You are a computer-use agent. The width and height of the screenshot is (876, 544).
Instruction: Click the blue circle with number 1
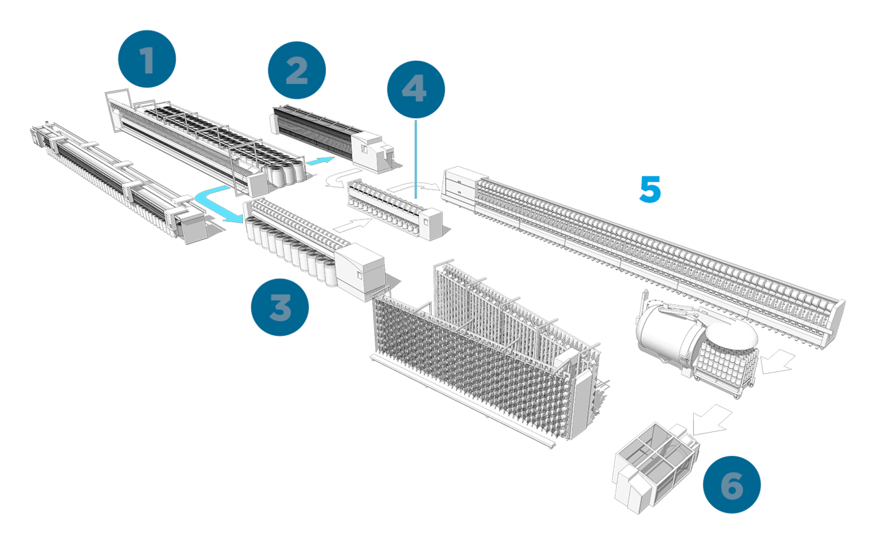point(147,59)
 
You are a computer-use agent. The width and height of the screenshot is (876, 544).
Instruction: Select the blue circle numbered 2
point(297,70)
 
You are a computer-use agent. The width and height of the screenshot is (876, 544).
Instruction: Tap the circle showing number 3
point(280,307)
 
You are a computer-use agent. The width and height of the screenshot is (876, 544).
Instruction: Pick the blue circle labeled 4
point(415,89)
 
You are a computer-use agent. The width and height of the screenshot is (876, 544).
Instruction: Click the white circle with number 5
point(649,188)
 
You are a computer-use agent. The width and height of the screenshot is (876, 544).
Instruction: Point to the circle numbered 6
point(731,485)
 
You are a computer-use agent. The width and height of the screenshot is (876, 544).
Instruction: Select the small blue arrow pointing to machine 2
point(321,161)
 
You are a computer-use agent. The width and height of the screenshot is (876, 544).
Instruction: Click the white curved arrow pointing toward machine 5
point(416,184)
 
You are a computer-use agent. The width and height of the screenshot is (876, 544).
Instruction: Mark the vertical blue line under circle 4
point(416,159)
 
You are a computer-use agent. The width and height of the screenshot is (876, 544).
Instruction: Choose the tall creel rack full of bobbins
point(482,350)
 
